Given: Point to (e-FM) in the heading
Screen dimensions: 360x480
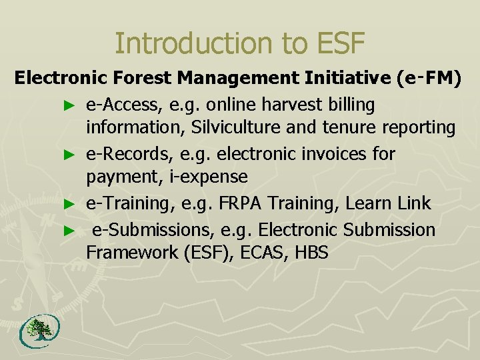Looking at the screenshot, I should (428, 79).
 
